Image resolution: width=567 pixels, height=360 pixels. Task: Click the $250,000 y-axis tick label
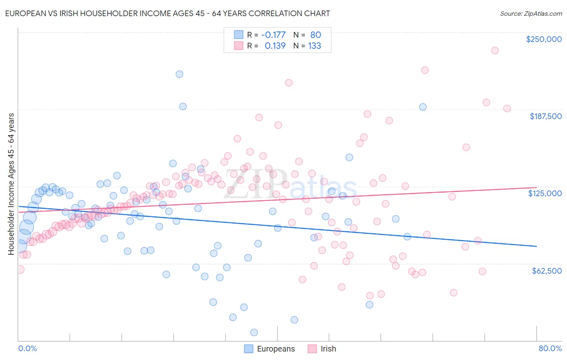tap(544, 39)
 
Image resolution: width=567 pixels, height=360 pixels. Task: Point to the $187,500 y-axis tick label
tap(545, 116)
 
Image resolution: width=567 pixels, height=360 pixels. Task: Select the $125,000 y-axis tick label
tap(545, 193)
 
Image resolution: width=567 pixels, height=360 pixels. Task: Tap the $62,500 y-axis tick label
tap(546, 271)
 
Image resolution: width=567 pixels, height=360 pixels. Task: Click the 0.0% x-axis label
tap(27, 348)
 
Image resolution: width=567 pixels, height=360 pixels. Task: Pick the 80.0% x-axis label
tap(550, 348)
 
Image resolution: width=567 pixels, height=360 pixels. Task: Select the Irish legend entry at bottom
tap(322, 349)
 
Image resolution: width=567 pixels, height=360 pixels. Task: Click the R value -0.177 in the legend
tap(273, 35)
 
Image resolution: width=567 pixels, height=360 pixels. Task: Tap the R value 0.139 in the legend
tap(275, 46)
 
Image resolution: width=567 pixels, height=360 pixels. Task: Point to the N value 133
tap(315, 46)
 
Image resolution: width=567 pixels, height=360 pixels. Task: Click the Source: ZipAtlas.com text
tap(531, 13)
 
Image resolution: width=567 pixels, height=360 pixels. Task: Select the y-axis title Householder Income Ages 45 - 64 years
tap(11, 184)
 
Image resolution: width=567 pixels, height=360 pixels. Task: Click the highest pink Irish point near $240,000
tap(495, 50)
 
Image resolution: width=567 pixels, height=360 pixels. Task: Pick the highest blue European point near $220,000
tap(179, 74)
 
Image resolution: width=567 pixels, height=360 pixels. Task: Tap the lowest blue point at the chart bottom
tap(254, 333)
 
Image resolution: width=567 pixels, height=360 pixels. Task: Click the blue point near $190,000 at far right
tap(423, 107)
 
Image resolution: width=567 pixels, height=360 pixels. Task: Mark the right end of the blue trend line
tap(536, 246)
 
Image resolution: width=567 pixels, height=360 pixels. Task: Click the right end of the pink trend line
tap(536, 187)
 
